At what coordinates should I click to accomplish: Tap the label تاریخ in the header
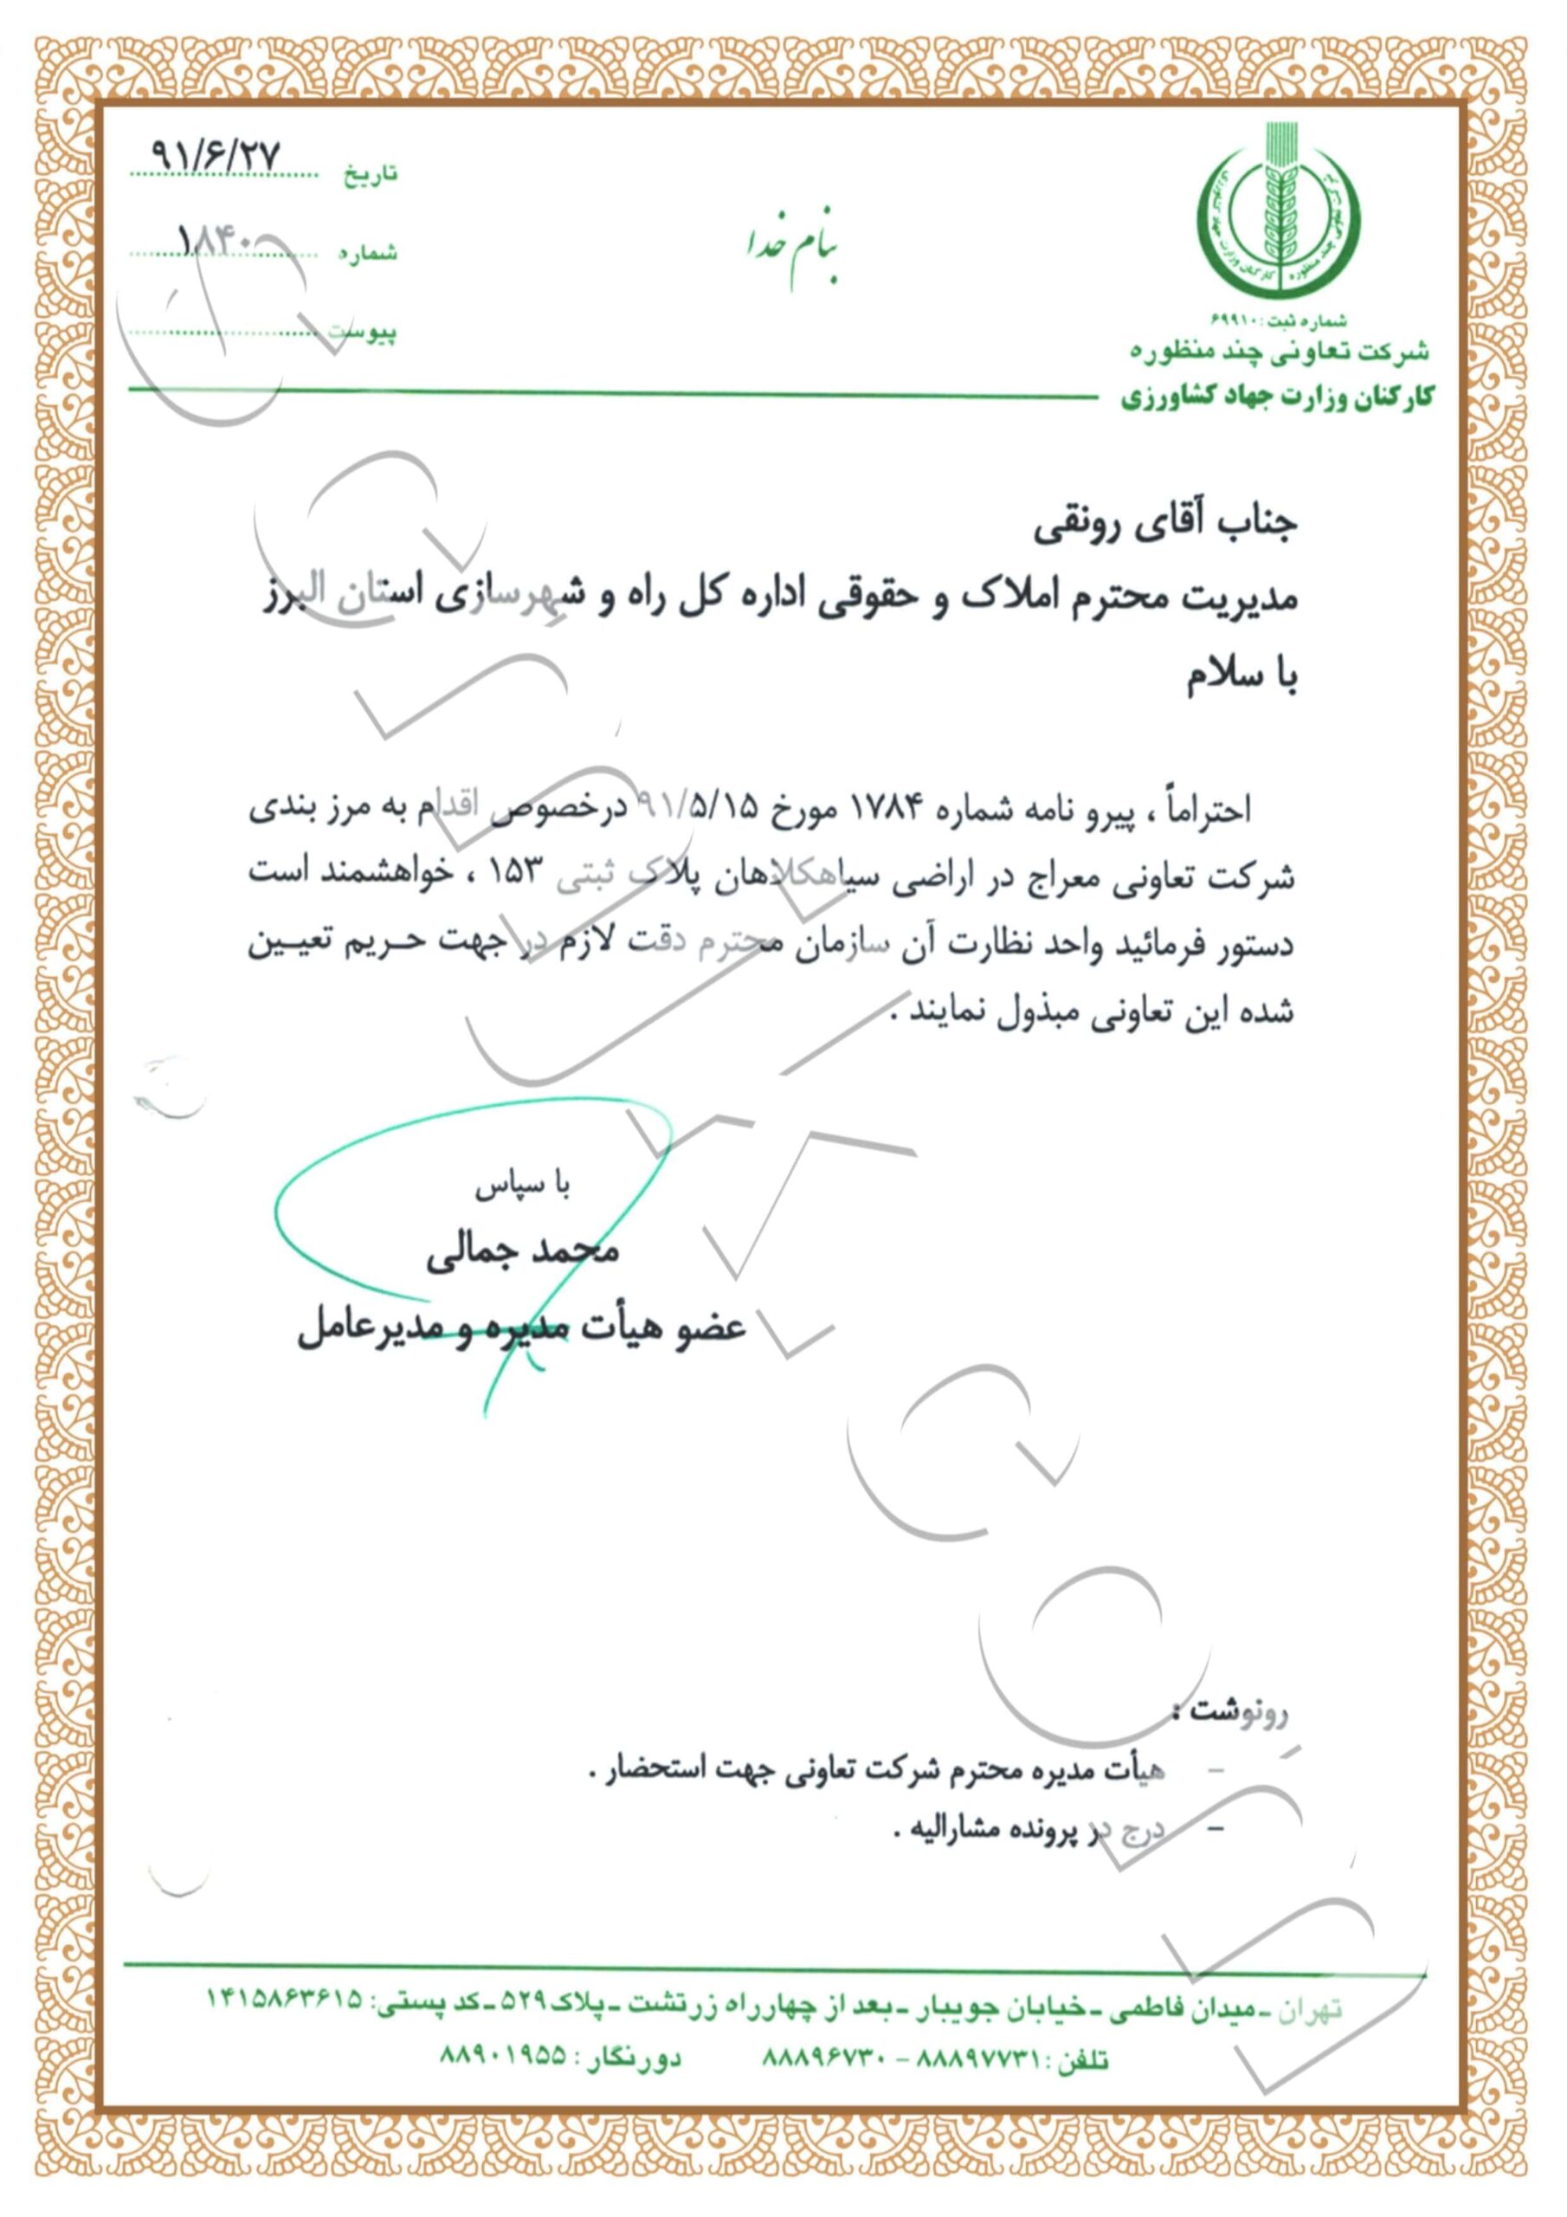coord(371,175)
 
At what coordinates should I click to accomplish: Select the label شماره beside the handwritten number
coord(367,253)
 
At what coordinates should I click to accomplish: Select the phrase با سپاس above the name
coord(522,1186)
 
